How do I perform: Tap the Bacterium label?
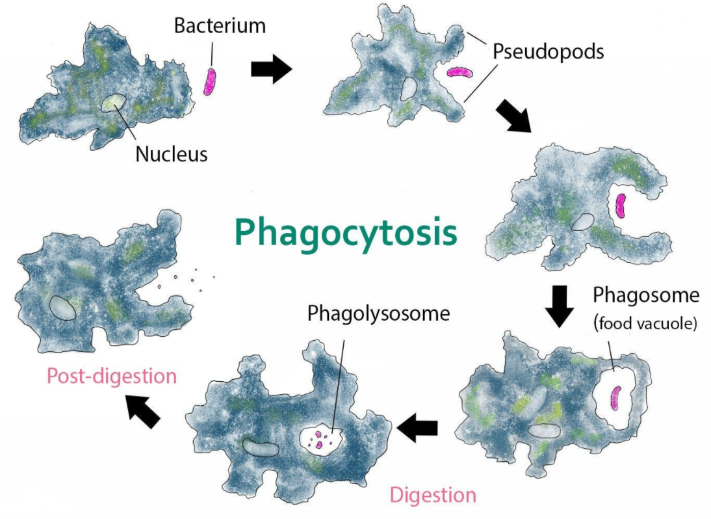(220, 25)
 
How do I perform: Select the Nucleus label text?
(172, 154)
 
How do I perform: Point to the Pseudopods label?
(549, 52)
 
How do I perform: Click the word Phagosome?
(646, 295)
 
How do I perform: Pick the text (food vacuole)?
(645, 323)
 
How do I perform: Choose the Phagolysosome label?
(379, 313)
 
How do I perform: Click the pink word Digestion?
(433, 496)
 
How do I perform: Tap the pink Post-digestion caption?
(112, 377)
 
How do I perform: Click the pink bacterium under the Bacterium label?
(209, 82)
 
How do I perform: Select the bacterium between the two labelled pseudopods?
(459, 72)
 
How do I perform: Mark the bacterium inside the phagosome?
(615, 398)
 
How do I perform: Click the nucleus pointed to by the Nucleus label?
(113, 103)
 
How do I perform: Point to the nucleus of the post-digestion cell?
(62, 308)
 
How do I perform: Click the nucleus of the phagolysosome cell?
(260, 447)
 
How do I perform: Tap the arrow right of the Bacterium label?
(271, 69)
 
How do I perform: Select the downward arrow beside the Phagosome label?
(560, 306)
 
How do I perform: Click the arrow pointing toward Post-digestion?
(143, 410)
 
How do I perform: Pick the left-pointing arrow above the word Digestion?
(418, 427)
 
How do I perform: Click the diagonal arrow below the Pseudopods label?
(513, 116)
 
